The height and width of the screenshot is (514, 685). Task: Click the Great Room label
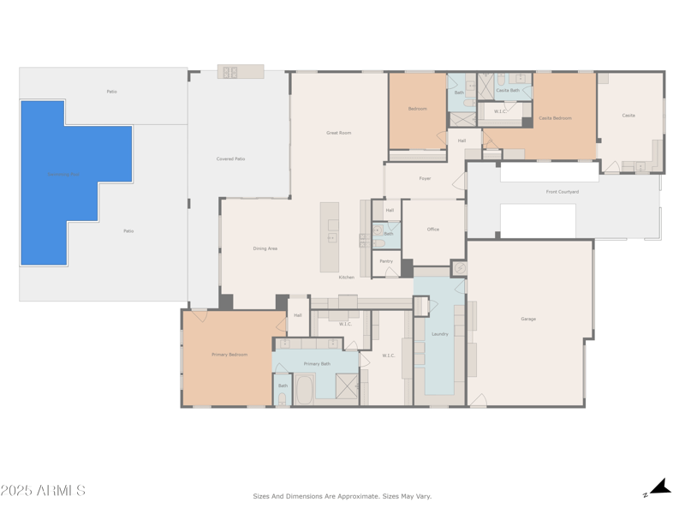[x=339, y=133]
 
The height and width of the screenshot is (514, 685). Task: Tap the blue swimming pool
[x=64, y=180]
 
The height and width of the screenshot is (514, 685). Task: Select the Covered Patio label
[x=230, y=158]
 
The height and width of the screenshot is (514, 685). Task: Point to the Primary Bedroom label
[x=229, y=354]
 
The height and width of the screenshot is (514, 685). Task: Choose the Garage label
[x=528, y=319]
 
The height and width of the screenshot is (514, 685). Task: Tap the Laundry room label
[x=440, y=334]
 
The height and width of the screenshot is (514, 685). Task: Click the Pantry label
[x=386, y=261]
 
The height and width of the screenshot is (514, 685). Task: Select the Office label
[x=433, y=229]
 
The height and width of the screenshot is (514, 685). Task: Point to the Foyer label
[x=425, y=178]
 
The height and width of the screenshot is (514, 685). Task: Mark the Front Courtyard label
[x=563, y=192]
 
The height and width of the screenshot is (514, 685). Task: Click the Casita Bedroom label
[x=555, y=117]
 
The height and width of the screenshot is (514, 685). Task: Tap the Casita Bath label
[x=508, y=90]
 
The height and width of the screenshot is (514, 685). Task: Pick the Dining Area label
[x=265, y=248]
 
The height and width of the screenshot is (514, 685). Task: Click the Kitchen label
[x=346, y=277]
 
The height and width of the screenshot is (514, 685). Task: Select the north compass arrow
[x=659, y=487]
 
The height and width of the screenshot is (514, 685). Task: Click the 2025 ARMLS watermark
[x=43, y=491]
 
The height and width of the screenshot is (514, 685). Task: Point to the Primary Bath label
[x=317, y=363]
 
